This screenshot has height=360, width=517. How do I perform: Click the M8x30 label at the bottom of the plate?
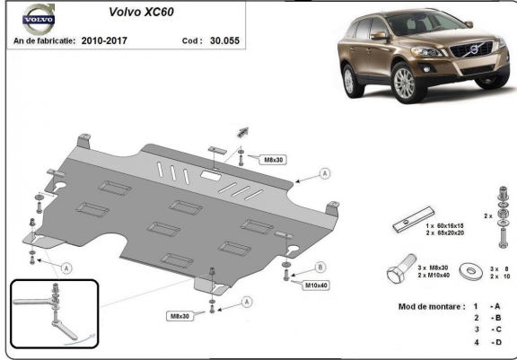[x=178, y=316]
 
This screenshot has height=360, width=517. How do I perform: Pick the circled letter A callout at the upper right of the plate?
[x=324, y=172]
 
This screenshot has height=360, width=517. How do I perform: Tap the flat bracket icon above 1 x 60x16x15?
[x=415, y=219]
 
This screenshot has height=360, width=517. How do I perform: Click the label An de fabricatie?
[x=42, y=40]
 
